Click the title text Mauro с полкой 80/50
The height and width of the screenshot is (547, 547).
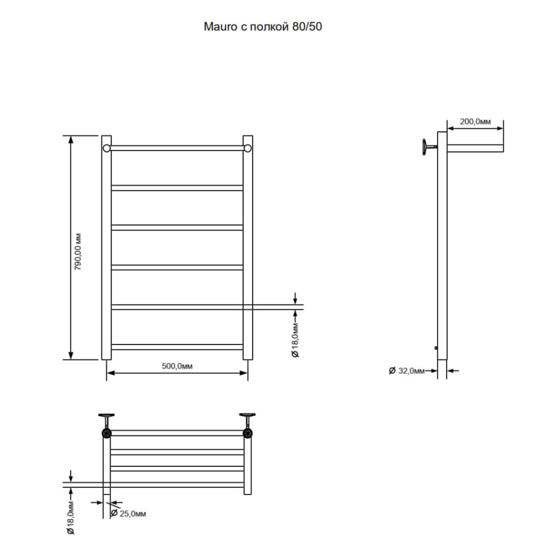[263, 27]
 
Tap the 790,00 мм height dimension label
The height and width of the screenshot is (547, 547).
[78, 252]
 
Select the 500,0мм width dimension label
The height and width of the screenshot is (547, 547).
[177, 366]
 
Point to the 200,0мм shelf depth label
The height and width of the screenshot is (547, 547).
[475, 121]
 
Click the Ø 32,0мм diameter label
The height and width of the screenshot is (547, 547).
[407, 371]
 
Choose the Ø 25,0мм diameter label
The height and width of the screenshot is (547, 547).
[128, 513]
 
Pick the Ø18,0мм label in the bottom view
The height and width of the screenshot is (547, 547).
[71, 518]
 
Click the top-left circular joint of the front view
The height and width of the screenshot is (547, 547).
[107, 149]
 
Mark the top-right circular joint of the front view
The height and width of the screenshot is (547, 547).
[248, 149]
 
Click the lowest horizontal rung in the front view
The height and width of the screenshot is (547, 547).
[177, 347]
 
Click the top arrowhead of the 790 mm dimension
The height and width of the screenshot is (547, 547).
[71, 139]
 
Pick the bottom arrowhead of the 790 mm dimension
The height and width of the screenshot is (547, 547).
[71, 355]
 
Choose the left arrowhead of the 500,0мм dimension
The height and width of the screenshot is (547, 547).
[111, 373]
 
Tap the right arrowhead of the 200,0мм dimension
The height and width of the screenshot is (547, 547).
[499, 128]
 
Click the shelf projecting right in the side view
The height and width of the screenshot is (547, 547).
[475, 149]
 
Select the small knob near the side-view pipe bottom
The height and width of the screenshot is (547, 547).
[436, 348]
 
